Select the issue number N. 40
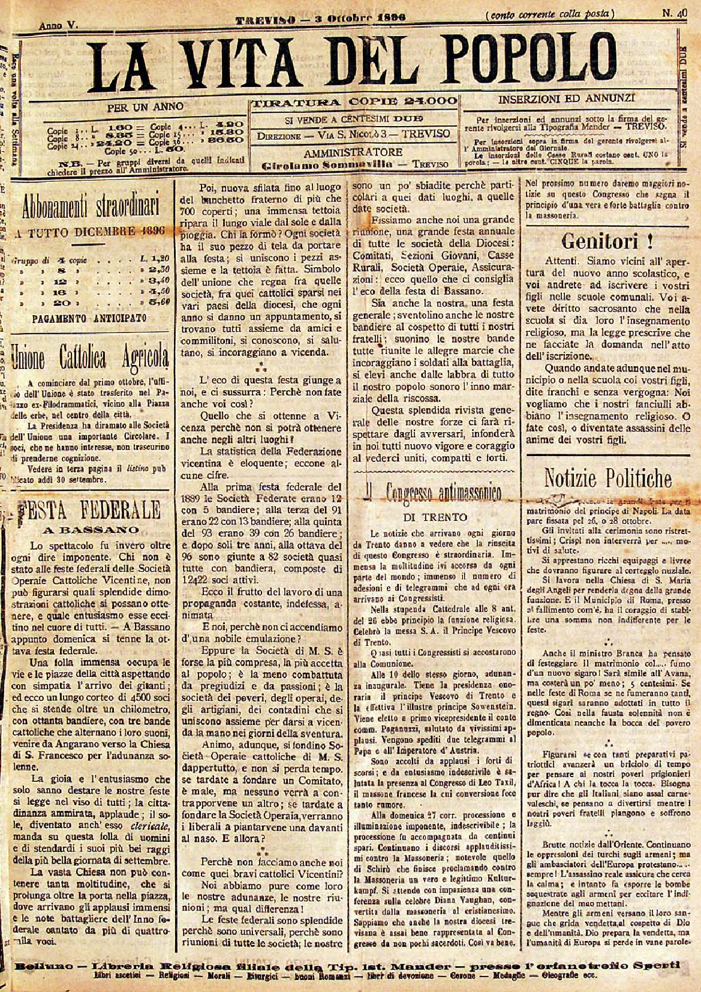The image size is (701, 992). [674, 12]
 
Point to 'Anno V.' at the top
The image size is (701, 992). [59, 26]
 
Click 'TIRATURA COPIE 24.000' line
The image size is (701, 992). [354, 102]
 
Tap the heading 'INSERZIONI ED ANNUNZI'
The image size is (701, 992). [567, 98]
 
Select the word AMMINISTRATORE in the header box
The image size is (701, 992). [353, 152]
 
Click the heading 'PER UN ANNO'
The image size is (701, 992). [145, 107]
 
